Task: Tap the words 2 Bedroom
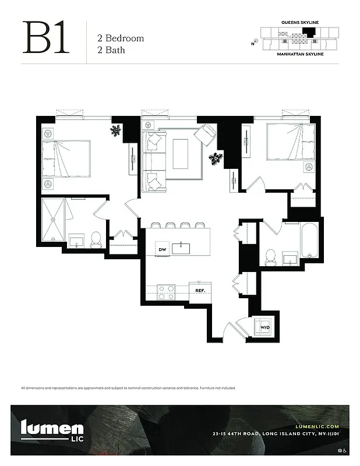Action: point(120,38)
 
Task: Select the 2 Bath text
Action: point(111,50)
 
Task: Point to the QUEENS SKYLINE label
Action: point(299,22)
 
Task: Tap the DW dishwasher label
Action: point(163,250)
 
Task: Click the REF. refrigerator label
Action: point(200,290)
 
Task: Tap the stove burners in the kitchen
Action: point(166,291)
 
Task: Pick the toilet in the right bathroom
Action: point(270,255)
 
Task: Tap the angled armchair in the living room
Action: point(205,136)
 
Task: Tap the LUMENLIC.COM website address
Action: point(313,426)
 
